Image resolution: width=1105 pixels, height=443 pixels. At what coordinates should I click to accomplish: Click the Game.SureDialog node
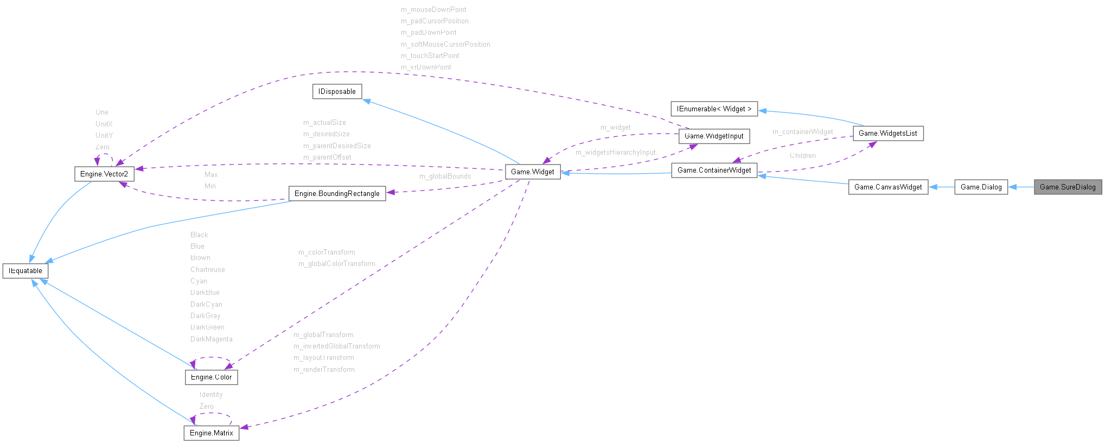[1067, 187]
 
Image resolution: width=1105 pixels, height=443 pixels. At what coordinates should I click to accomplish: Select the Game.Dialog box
[981, 187]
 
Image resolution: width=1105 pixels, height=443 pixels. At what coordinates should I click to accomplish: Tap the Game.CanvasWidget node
[887, 187]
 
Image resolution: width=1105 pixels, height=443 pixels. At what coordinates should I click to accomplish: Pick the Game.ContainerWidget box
[714, 170]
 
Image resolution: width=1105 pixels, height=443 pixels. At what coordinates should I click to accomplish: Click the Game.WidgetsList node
[887, 133]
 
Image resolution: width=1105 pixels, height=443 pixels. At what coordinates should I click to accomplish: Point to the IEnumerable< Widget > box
[714, 109]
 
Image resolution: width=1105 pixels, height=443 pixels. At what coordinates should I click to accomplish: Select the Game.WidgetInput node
[714, 136]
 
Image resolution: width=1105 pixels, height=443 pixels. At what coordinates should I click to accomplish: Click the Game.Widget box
[532, 172]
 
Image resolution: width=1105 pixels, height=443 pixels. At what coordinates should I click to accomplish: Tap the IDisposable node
[337, 91]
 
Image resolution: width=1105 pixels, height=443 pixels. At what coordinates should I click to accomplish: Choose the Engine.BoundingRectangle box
[337, 193]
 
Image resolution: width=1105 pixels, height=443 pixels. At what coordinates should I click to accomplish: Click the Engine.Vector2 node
[104, 174]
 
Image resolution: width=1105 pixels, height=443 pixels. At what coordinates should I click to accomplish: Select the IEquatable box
[25, 270]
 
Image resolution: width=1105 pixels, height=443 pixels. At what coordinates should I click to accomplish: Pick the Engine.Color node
[211, 377]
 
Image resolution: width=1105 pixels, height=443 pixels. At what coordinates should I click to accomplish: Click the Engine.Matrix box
[211, 433]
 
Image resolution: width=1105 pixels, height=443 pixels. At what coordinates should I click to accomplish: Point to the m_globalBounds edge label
[445, 176]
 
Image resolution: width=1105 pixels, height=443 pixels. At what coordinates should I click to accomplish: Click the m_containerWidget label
[802, 131]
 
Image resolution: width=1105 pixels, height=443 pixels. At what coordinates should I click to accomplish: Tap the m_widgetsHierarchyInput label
[615, 152]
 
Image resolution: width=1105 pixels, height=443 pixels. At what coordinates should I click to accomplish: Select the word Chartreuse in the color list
[207, 269]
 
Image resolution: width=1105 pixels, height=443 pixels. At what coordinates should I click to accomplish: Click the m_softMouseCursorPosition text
[445, 44]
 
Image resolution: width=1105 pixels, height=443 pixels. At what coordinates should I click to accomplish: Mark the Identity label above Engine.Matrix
[210, 394]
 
